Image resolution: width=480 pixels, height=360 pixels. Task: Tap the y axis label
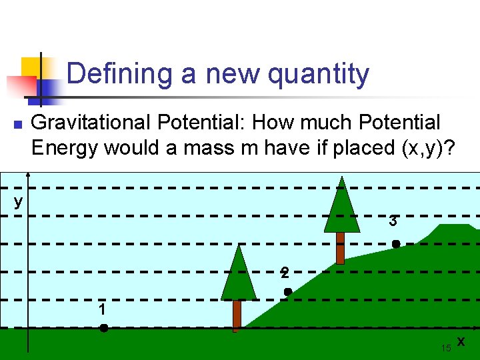coord(18,201)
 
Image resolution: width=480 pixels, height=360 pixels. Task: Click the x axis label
coord(461,341)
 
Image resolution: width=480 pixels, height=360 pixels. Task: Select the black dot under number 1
coord(104,328)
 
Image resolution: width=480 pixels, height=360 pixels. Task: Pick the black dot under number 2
coord(288,292)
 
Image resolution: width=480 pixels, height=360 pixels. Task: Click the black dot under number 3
coord(395,245)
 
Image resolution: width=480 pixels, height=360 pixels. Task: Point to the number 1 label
coord(101,310)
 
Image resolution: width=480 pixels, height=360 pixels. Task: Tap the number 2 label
coord(285,273)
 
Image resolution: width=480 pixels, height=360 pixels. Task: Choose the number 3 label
coord(394,221)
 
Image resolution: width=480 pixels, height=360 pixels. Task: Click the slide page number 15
coord(446,348)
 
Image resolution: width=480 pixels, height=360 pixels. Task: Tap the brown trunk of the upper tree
coord(340,247)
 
